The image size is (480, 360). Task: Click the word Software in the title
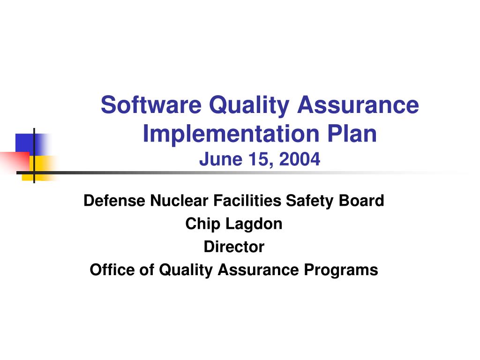click(151, 105)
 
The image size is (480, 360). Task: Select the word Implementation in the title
click(231, 134)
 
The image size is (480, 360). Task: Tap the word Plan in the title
click(352, 134)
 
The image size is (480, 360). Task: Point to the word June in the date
click(221, 159)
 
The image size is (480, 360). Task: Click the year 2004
click(300, 159)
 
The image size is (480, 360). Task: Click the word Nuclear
click(179, 201)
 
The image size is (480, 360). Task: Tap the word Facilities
click(247, 201)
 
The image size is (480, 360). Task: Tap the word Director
click(234, 247)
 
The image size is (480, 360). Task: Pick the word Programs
click(341, 270)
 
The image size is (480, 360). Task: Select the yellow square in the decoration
click(40, 168)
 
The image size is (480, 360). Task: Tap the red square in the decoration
click(15, 161)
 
